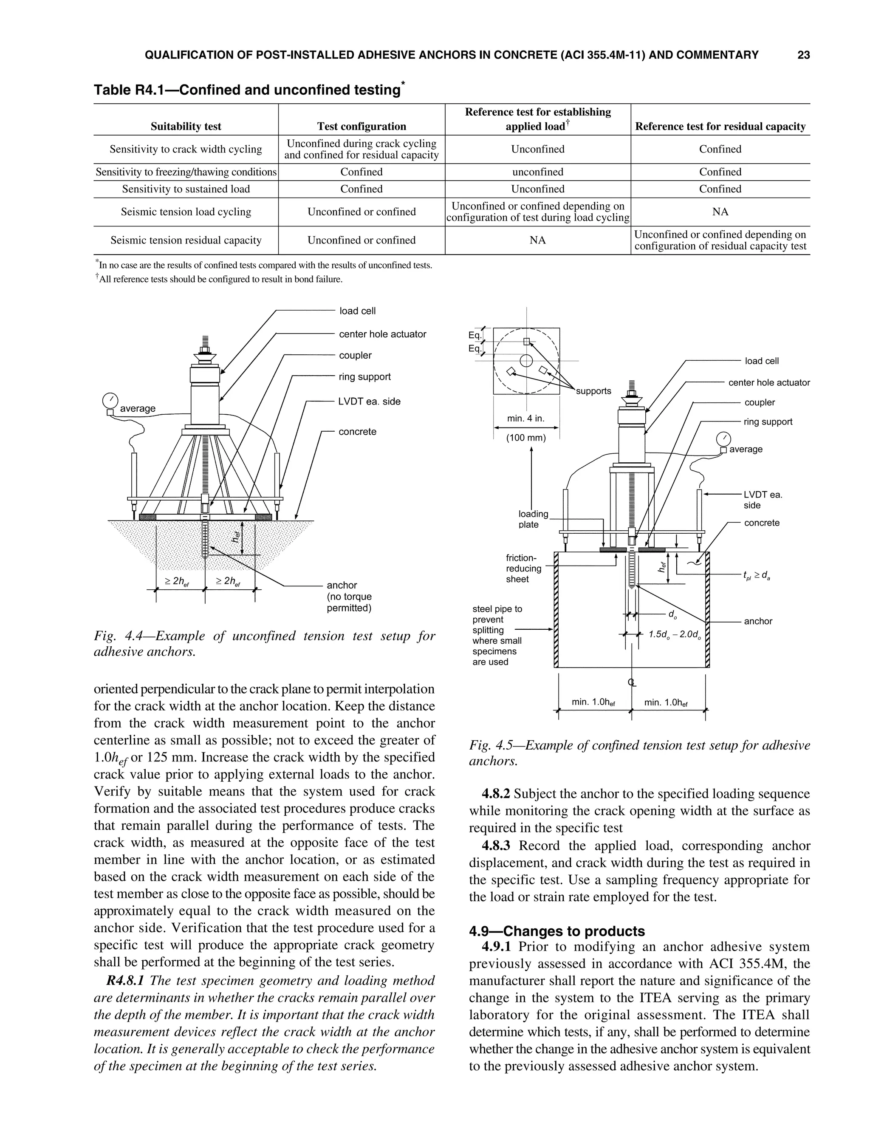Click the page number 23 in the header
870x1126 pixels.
tap(803, 55)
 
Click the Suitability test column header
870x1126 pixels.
tap(186, 126)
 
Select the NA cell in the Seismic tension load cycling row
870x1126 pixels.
tap(720, 212)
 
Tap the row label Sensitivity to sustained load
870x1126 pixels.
tap(186, 189)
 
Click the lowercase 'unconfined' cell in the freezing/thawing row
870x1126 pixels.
tap(537, 172)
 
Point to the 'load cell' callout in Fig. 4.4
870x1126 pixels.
tap(357, 311)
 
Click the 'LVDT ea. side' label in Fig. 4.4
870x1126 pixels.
tap(369, 402)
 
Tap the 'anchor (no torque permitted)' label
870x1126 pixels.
tap(349, 597)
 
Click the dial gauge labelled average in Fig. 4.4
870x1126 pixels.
tap(110, 400)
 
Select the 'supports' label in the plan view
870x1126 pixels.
tap(593, 391)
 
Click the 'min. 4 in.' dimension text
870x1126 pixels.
tap(526, 419)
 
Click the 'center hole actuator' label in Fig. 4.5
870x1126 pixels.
tap(769, 382)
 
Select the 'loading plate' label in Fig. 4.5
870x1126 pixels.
tap(533, 519)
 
